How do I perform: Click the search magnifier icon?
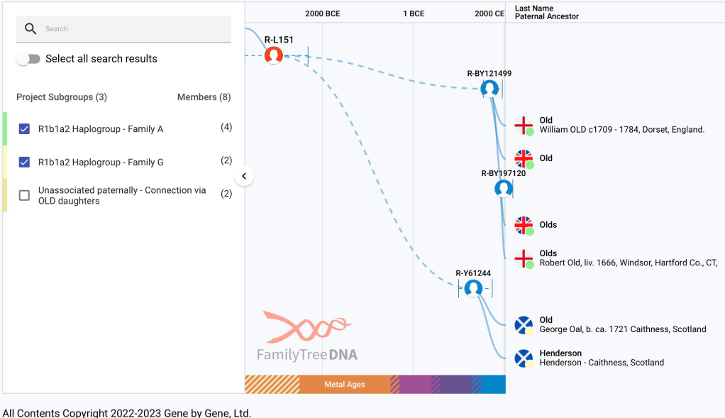tap(31, 29)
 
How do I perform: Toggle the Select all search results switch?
tap(28, 59)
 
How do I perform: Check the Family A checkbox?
tap(25, 128)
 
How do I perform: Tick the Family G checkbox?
tap(25, 162)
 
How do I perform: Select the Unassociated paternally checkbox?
tap(25, 195)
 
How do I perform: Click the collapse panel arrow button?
tap(244, 176)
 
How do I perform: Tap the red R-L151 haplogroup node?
tap(274, 55)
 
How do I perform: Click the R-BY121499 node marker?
tap(489, 89)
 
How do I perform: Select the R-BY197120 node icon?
tap(504, 189)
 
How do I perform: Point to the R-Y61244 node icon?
tap(473, 288)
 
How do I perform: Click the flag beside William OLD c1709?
tap(524, 125)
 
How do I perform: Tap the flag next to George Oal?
tap(524, 325)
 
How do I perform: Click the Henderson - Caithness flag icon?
tap(524, 358)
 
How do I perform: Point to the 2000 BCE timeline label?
tap(323, 13)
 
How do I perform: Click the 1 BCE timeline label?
tap(414, 13)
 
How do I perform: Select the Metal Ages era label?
tap(345, 385)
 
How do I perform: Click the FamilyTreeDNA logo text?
tap(307, 354)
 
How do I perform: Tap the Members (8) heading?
tap(204, 97)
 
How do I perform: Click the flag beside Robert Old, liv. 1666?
tap(524, 258)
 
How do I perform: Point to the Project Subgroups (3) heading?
tap(62, 97)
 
